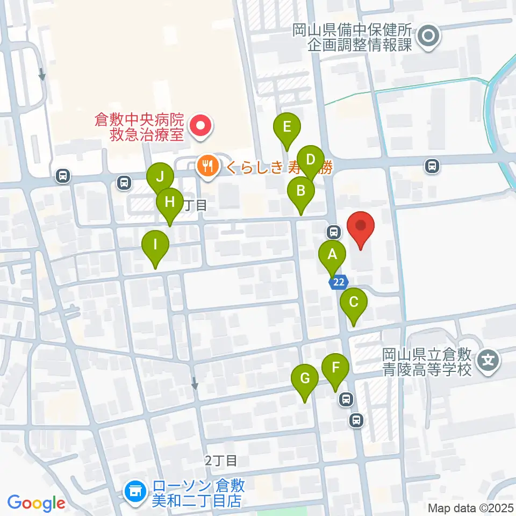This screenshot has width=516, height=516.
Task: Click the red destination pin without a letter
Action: tap(361, 227)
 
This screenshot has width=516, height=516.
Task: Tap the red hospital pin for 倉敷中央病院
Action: tap(199, 127)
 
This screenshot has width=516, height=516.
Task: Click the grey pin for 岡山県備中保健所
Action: tap(429, 37)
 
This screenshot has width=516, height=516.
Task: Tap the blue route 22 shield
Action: tap(340, 282)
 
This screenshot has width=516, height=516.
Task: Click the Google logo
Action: tap(36, 503)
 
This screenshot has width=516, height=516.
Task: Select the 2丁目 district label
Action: tap(221, 461)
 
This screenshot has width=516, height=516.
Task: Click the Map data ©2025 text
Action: tap(471, 507)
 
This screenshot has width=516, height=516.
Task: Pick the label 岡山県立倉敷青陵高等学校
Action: tap(427, 362)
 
